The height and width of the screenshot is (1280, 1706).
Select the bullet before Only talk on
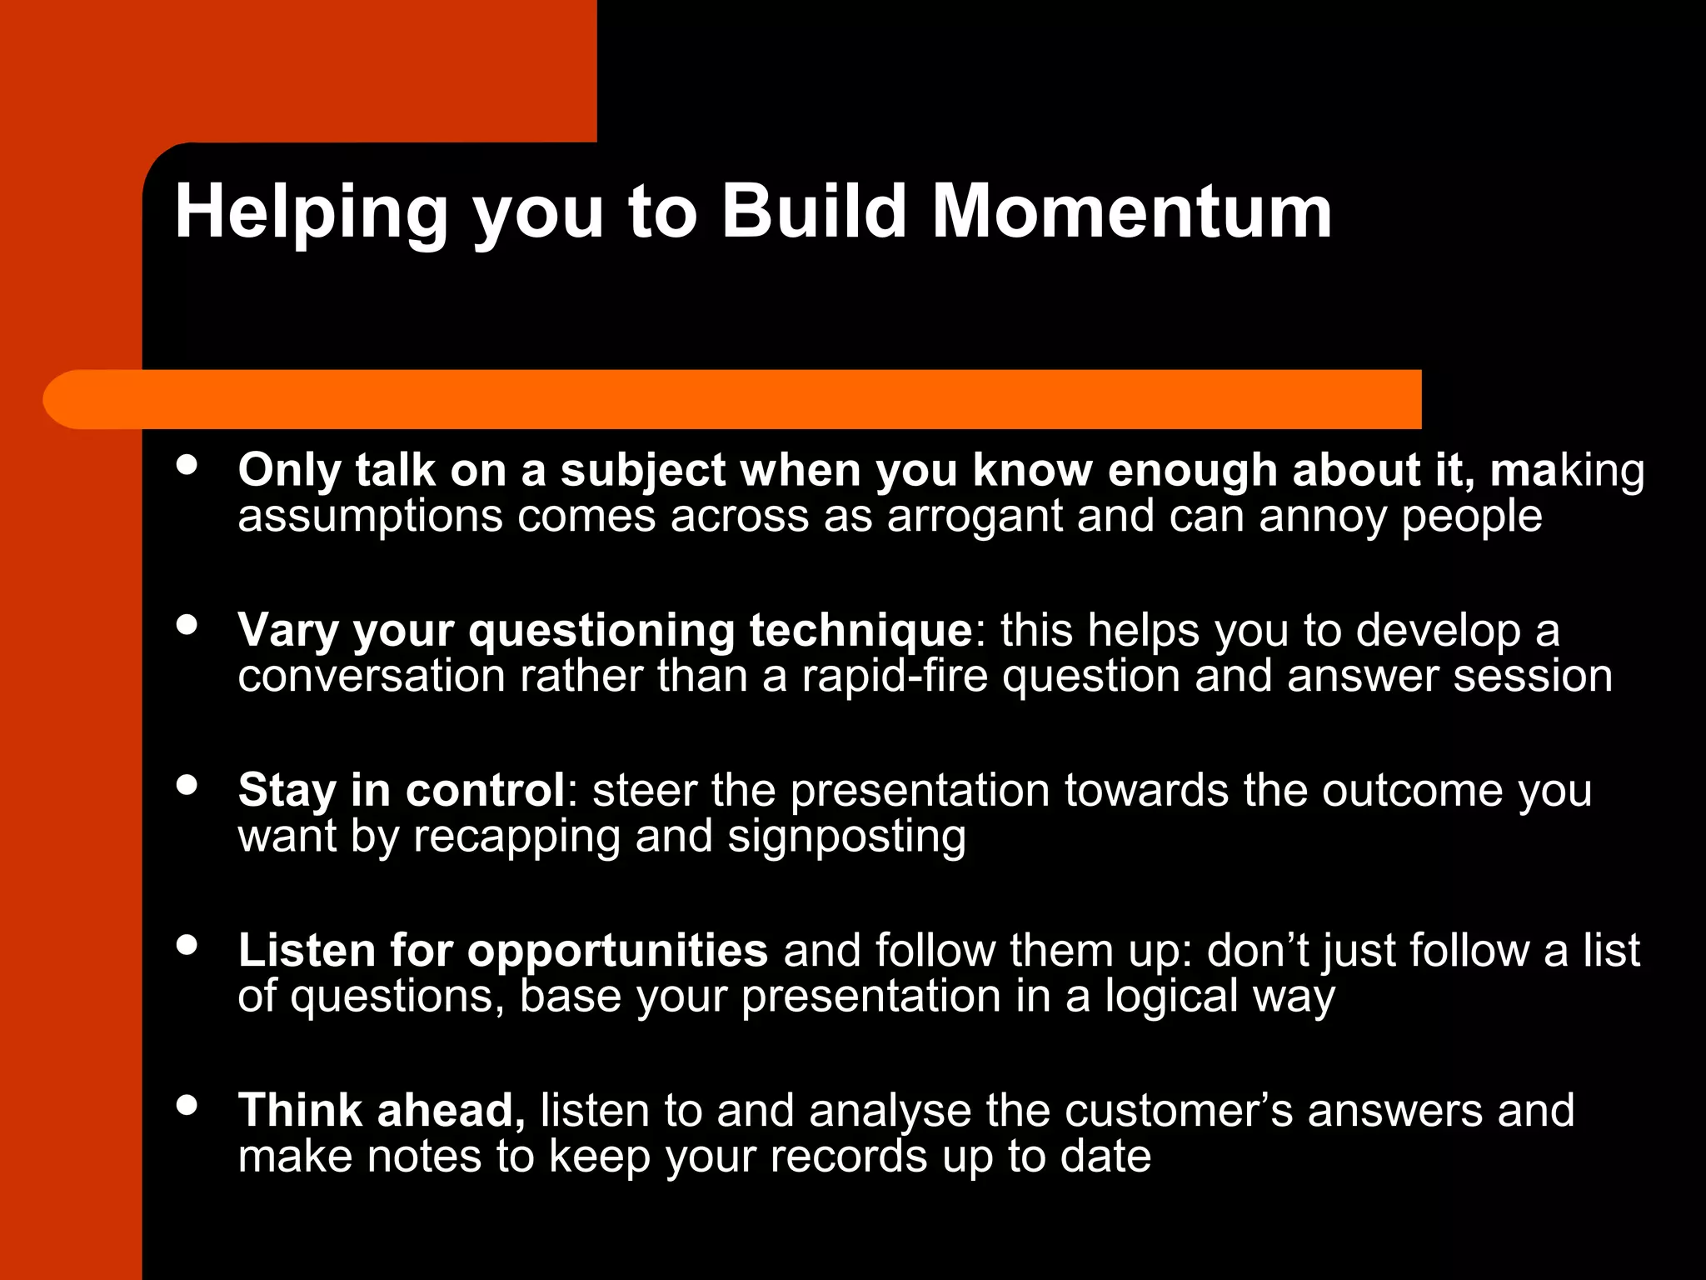(187, 465)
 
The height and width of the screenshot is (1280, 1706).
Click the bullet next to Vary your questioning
(187, 624)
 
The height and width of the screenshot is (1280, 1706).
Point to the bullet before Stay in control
(187, 784)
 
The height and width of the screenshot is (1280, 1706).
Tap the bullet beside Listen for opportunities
(187, 944)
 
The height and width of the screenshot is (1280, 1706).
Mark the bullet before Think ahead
(187, 1105)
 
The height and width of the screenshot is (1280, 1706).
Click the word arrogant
(974, 517)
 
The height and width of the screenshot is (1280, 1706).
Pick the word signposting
(846, 837)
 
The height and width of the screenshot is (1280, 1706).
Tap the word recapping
(516, 837)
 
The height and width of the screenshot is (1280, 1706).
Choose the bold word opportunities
(617, 952)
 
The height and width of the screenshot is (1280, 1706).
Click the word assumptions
(370, 517)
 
